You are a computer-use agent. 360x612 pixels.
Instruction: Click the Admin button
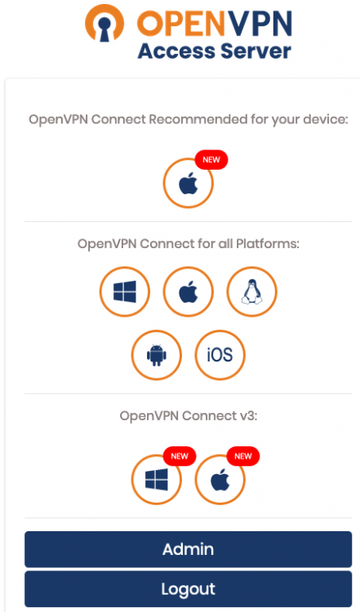pos(188,549)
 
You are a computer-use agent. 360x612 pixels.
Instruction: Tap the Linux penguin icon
pos(252,291)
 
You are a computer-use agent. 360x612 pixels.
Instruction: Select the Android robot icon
pos(157,355)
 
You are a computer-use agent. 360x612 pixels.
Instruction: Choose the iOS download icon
pos(220,355)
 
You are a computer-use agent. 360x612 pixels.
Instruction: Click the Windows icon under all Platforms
pos(125,291)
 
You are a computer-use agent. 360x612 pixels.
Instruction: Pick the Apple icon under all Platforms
pos(189,291)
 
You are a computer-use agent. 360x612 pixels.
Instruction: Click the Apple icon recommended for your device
pos(189,183)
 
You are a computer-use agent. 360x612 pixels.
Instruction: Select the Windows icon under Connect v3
pos(157,480)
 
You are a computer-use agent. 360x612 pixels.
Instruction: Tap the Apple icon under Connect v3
pos(220,480)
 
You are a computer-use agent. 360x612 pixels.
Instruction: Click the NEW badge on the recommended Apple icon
pos(211,160)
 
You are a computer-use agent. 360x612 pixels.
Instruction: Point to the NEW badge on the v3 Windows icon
pos(180,456)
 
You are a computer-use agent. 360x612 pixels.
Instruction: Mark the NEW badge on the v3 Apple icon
pos(243,456)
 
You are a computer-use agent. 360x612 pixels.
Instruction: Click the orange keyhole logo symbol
pos(104,23)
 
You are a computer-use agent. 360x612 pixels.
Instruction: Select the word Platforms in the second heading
pos(268,244)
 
